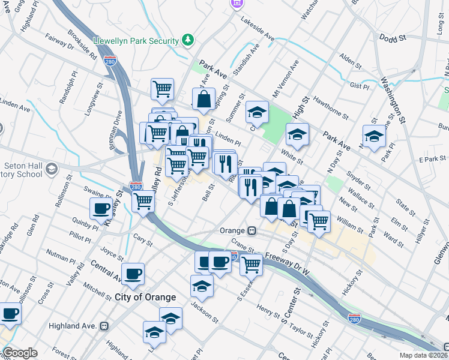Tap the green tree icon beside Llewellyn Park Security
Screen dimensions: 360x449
188,40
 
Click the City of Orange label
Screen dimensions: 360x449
145,297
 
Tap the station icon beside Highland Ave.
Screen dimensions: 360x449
104,326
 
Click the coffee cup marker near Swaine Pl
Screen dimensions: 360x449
100,209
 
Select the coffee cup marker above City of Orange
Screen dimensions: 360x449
133,274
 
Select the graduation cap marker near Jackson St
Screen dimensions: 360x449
202,286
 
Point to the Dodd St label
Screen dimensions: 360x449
393,37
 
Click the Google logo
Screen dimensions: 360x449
20,353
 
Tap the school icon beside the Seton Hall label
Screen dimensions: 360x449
52,168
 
